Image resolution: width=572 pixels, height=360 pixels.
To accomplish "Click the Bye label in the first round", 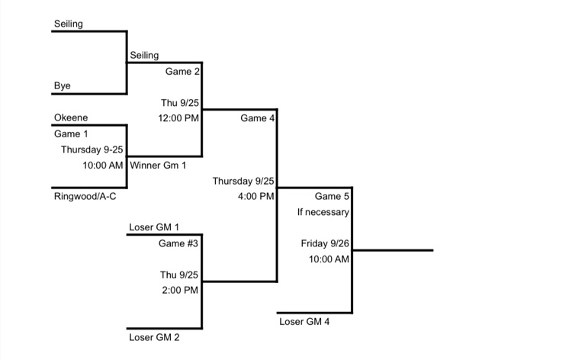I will (x=63, y=86).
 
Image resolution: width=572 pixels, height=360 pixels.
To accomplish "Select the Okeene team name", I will (x=71, y=118).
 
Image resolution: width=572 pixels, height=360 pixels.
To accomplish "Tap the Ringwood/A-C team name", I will (x=85, y=196).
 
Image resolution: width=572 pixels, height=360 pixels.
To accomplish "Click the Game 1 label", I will (x=71, y=134).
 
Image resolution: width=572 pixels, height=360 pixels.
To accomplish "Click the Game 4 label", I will (x=258, y=118).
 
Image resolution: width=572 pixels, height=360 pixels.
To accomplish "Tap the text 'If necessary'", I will (x=323, y=212).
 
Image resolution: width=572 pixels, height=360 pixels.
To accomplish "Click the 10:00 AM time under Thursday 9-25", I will (x=103, y=165).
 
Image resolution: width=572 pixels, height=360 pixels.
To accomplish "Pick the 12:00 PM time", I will (x=178, y=118).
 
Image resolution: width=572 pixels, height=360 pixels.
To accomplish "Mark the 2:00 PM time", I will (x=180, y=290).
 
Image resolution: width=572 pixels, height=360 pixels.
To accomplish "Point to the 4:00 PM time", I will (x=255, y=196).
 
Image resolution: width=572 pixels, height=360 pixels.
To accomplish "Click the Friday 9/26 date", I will (x=325, y=243).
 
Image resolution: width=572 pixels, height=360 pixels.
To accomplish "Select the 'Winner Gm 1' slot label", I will (x=158, y=165).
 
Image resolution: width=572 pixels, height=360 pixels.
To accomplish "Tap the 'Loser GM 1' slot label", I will (x=155, y=227).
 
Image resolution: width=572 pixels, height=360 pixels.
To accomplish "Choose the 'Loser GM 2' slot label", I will (x=155, y=336).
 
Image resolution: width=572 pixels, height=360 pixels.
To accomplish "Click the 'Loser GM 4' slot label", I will (x=305, y=321).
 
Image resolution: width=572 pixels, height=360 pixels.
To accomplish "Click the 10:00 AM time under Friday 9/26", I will (x=329, y=259).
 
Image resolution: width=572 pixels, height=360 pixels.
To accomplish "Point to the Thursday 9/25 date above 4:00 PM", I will (x=243, y=181).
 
